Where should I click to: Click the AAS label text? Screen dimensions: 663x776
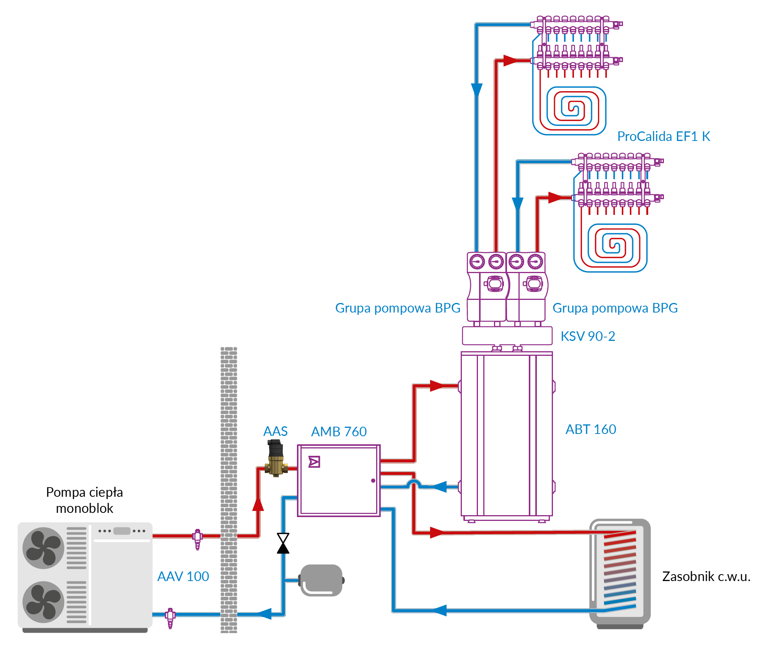click(275, 431)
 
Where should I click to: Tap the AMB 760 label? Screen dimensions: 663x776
click(339, 432)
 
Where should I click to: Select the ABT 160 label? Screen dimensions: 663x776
click(590, 429)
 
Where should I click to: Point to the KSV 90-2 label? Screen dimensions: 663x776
click(587, 336)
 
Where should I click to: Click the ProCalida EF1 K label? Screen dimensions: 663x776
click(664, 136)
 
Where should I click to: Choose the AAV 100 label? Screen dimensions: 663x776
click(183, 576)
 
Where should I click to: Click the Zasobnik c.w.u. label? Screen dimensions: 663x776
click(706, 576)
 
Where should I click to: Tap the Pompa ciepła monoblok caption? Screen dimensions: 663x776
click(85, 500)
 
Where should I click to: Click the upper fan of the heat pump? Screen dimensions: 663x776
click(44, 548)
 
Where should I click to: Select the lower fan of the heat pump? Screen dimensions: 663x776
click(44, 602)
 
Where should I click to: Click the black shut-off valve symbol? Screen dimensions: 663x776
click(283, 543)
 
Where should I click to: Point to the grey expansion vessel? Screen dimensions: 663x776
click(321, 580)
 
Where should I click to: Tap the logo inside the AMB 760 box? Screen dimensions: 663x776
click(314, 462)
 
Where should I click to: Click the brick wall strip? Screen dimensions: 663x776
click(229, 490)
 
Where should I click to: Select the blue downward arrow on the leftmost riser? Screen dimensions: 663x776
click(477, 90)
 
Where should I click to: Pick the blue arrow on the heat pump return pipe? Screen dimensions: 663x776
click(264, 614)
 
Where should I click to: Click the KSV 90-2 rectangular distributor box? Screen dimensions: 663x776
click(507, 336)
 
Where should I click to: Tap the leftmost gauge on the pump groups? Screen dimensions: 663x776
click(477, 262)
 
